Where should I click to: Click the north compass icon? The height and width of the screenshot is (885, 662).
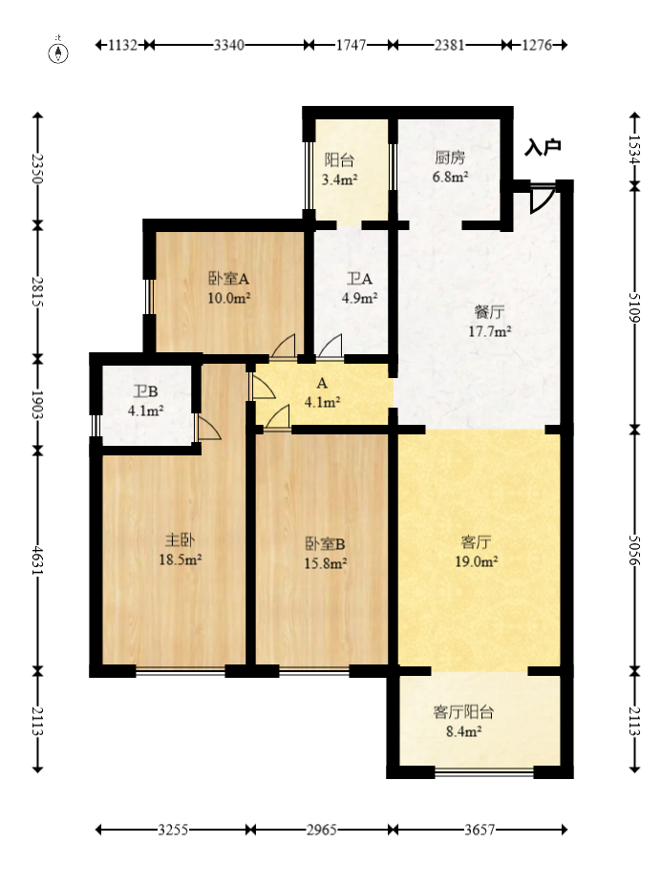click(59, 52)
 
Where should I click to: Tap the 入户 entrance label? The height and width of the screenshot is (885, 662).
click(542, 148)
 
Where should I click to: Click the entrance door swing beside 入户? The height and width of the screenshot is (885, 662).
click(541, 198)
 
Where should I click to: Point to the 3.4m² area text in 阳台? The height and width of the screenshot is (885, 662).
click(339, 179)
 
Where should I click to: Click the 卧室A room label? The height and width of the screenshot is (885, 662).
click(229, 279)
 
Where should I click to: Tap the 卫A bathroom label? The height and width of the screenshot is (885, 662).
click(359, 279)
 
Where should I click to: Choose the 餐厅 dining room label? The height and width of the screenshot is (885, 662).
click(489, 312)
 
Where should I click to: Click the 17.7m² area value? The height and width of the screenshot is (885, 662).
click(489, 331)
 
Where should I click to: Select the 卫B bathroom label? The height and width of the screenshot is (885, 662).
click(146, 391)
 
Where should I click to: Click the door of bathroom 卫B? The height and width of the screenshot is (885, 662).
click(208, 428)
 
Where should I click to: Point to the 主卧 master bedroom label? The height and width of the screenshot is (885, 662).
click(179, 541)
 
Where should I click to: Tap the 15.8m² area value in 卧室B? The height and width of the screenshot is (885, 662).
click(326, 562)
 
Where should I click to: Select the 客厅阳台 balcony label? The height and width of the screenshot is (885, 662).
click(463, 712)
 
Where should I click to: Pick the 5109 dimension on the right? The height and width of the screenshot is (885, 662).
click(634, 306)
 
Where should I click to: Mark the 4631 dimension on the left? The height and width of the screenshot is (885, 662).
click(37, 559)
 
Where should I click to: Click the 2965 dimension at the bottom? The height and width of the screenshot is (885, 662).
click(321, 831)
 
